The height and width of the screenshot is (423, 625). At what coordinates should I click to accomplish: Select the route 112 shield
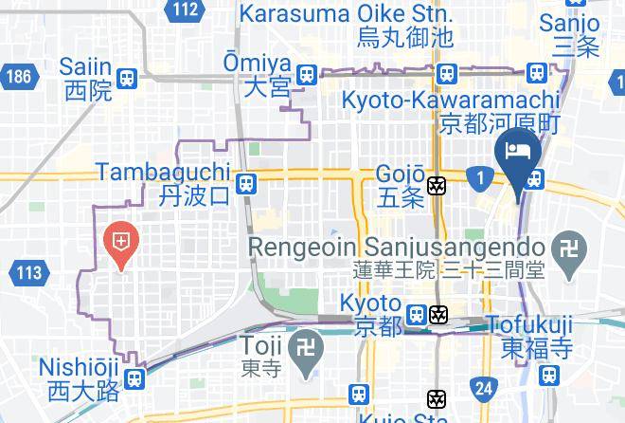click(186, 10)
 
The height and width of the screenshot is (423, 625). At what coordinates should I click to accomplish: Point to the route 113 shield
click(28, 274)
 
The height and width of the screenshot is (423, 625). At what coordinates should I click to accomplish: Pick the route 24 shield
click(484, 387)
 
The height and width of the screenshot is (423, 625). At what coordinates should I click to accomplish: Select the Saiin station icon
click(127, 78)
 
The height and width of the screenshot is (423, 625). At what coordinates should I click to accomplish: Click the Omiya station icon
click(306, 75)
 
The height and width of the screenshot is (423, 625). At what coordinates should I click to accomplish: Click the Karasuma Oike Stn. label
click(346, 15)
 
